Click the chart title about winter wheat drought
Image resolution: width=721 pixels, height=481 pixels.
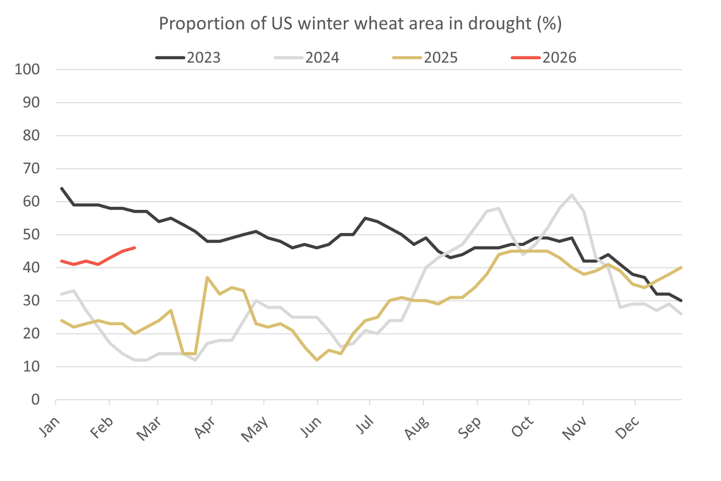[360, 23]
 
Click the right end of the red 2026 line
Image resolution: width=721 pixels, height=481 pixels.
[135, 248]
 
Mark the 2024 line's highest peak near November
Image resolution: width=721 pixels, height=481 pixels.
[572, 195]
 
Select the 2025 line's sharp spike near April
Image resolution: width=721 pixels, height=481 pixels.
[208, 278]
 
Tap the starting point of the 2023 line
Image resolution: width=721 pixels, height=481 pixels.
[61, 188]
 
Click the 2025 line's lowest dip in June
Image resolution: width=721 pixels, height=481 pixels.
[317, 360]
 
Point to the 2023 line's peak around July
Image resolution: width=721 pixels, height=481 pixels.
[366, 218]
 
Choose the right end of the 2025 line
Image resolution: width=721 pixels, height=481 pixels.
[681, 268]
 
